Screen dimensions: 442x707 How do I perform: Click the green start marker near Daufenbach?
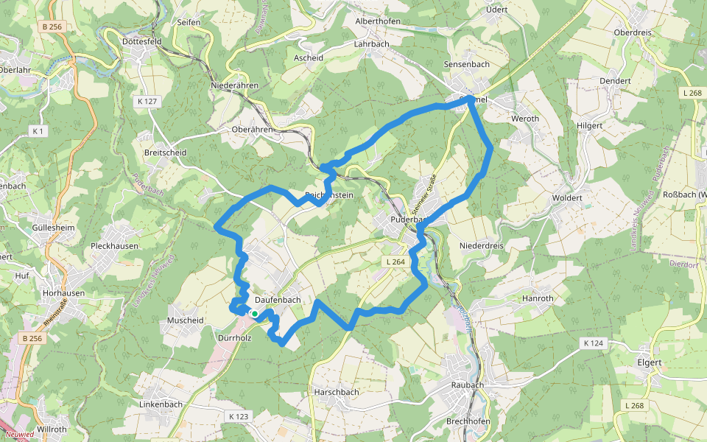pyautogui.click(x=254, y=314)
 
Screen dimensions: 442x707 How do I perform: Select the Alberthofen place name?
pyautogui.click(x=378, y=21)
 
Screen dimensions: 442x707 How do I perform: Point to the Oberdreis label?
pyautogui.click(x=634, y=32)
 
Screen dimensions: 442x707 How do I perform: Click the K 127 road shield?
pyautogui.click(x=147, y=100)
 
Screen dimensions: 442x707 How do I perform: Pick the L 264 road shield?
pyautogui.click(x=395, y=262)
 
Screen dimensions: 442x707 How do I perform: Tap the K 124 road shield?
pyautogui.click(x=593, y=343)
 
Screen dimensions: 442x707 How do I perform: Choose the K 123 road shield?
pyautogui.click(x=239, y=417)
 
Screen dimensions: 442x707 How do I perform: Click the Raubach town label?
pyautogui.click(x=467, y=385)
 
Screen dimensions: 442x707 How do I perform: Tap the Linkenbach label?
pyautogui.click(x=161, y=404)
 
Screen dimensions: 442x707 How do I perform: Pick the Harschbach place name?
pyautogui.click(x=336, y=392)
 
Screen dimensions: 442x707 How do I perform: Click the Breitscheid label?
pyautogui.click(x=166, y=152)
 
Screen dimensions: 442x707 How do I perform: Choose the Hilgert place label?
pyautogui.click(x=589, y=126)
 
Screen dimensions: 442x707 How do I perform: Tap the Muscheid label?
pyautogui.click(x=185, y=320)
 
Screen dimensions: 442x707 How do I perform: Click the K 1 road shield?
pyautogui.click(x=38, y=130)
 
